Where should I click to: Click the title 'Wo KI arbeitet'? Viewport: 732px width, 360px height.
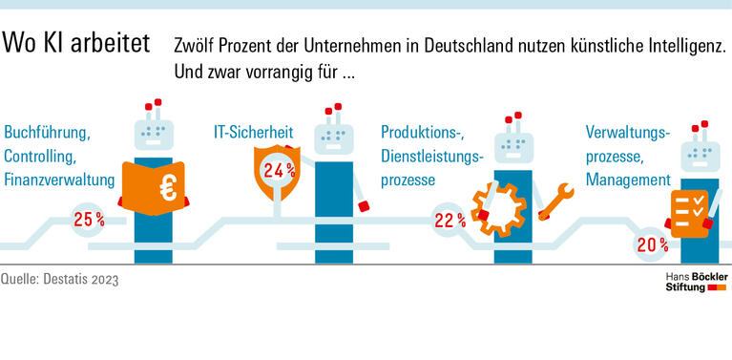76,45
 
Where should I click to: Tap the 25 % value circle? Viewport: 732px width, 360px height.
89,220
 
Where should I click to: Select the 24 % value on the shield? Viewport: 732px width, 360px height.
279,171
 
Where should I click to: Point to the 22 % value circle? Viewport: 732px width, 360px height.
450,220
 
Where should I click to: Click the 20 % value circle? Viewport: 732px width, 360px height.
652,245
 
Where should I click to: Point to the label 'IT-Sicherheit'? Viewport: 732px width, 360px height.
252,132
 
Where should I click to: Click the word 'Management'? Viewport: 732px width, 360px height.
627,180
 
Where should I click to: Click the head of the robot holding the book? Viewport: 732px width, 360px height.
154,133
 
